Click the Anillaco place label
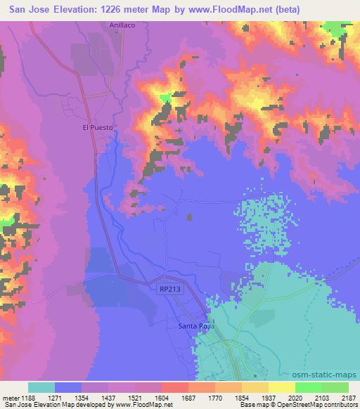point(122,25)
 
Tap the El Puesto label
point(96,128)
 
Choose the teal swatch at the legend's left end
point(41,388)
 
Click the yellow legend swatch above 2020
point(281,388)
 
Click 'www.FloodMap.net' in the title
point(232,9)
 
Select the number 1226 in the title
point(123,9)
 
